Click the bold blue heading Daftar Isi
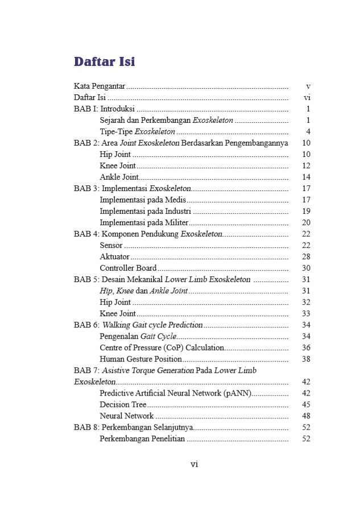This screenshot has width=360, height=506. [x=104, y=61]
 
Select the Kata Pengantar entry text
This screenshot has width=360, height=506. [x=100, y=86]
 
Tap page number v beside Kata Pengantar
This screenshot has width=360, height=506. [x=307, y=86]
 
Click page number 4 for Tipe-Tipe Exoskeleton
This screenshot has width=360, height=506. [x=307, y=131]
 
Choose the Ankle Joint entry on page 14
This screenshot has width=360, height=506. [x=118, y=177]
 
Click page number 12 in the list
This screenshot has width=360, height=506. [x=306, y=165]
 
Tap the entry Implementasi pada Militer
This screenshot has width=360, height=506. [x=144, y=222]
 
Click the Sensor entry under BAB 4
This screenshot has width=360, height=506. [x=111, y=245]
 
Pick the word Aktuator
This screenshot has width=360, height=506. [x=115, y=256]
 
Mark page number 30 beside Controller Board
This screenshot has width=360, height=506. [x=306, y=268]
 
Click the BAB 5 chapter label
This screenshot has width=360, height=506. [x=86, y=279]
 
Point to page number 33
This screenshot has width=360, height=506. [x=306, y=313]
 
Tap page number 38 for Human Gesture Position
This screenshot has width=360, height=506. [x=306, y=359]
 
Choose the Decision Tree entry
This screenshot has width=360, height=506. [x=123, y=404]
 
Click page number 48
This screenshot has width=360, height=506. [x=306, y=416]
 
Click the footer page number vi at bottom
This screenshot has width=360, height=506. [x=194, y=464]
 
